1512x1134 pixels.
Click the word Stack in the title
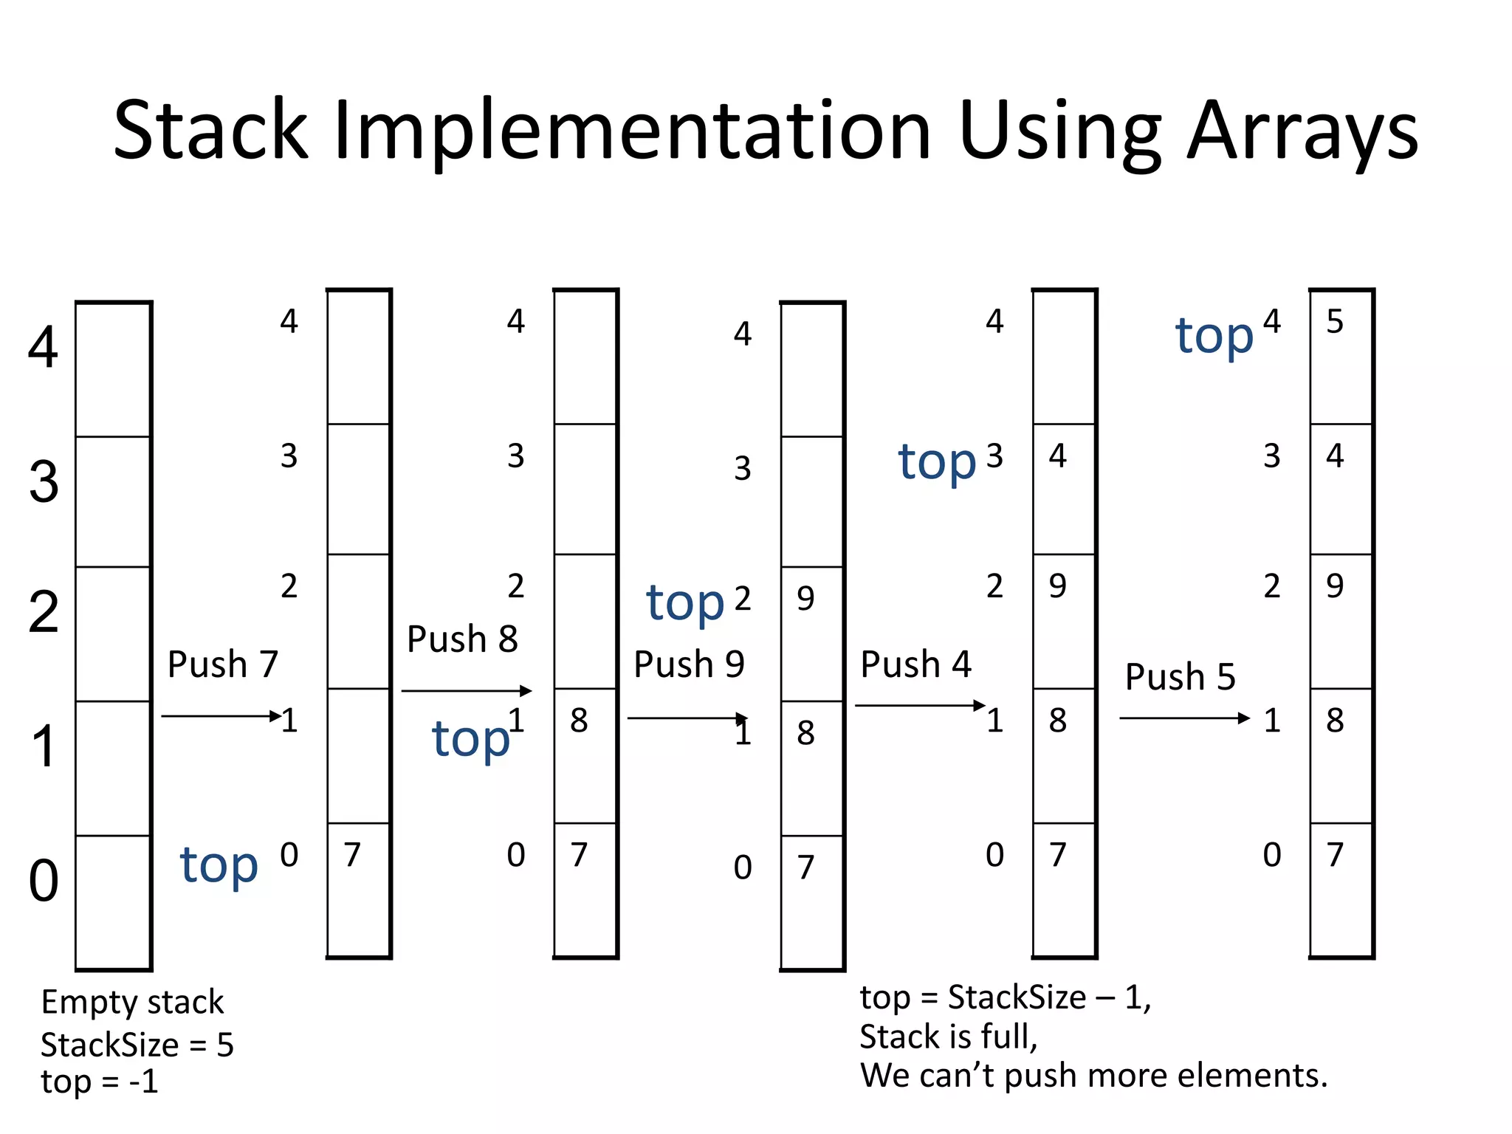pos(210,131)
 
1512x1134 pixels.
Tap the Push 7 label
pos(222,664)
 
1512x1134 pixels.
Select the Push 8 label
pos(462,639)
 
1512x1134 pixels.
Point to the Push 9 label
pos(689,664)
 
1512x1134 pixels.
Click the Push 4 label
pos(915,664)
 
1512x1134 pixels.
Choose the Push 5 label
pos(1180,677)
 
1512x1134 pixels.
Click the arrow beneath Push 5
pos(1183,718)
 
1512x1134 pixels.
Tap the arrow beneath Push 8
pos(466,691)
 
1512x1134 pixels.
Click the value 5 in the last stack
pos(1335,322)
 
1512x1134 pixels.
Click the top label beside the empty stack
pos(219,865)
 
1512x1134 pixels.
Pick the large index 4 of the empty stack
pos(44,347)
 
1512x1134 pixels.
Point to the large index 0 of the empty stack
pos(44,881)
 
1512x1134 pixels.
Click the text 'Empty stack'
pos(132,1003)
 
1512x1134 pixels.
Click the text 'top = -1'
pos(100,1082)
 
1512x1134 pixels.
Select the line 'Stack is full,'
pos(949,1037)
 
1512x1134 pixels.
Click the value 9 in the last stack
pos(1335,586)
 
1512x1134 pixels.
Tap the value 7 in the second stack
pos(352,855)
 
